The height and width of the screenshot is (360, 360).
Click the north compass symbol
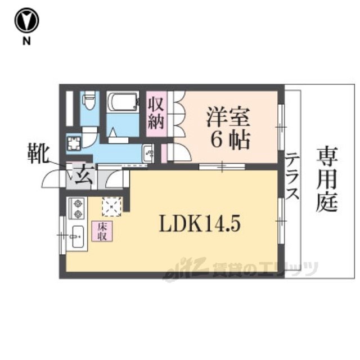[x=26, y=21]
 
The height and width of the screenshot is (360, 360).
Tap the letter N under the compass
[x=26, y=41]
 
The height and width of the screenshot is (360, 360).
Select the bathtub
[x=123, y=102]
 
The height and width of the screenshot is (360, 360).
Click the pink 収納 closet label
[x=156, y=115]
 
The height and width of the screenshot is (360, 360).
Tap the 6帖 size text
[x=230, y=140]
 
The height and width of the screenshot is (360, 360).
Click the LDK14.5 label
[x=200, y=223]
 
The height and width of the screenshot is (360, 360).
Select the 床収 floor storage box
[x=102, y=231]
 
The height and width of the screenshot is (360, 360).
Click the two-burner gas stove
[x=77, y=209]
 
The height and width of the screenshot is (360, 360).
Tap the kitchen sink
[x=78, y=236]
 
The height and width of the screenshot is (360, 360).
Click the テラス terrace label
[x=292, y=176]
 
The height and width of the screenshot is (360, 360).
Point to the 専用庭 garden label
[x=327, y=179]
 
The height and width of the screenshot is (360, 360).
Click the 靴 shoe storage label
[x=38, y=154]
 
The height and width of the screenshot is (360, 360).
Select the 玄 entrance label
[x=84, y=175]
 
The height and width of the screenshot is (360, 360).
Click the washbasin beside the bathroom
[x=148, y=154]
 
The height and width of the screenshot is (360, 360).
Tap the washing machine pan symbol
[x=74, y=143]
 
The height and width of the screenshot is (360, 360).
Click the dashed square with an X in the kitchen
[x=112, y=206]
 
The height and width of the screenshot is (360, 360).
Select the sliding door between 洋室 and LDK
[x=222, y=166]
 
